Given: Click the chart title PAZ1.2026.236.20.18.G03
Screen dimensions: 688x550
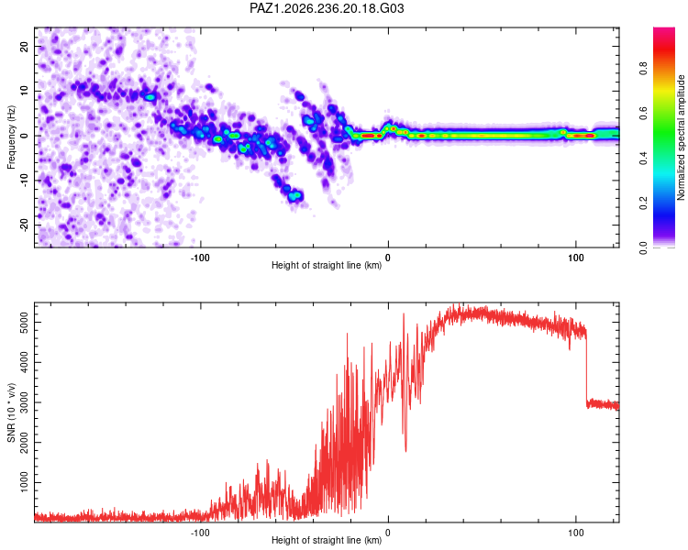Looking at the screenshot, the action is point(327,8).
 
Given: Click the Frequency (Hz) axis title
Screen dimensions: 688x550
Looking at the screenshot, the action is point(11,137).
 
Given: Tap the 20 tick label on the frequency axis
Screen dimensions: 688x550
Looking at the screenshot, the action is point(24,46).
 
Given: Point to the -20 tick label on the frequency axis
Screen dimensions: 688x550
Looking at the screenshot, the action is point(24,225).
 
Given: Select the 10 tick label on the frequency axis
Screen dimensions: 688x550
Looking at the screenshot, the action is point(24,91).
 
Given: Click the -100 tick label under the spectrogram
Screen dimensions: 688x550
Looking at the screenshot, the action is point(200,258).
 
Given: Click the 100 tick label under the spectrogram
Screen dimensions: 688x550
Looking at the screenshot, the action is point(576,258).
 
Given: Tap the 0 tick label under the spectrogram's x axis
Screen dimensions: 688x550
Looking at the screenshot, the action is point(388,258).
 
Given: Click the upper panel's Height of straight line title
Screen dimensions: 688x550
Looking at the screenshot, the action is point(327,265).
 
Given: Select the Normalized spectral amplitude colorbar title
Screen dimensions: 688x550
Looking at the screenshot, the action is point(681,137).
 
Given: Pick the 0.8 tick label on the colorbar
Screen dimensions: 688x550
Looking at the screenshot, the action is point(643,69).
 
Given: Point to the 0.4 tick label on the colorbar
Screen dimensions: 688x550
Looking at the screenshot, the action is point(643,159).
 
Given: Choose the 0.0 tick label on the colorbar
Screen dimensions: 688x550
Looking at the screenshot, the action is point(643,247).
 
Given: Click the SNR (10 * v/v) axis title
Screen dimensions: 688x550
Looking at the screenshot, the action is point(11,412).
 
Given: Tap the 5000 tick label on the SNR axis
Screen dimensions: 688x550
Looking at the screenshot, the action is point(24,323).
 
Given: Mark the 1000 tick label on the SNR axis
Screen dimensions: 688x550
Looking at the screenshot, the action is point(24,482).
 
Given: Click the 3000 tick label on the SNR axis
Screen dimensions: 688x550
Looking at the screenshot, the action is point(24,402).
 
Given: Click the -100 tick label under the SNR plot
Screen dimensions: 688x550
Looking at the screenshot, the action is point(200,533).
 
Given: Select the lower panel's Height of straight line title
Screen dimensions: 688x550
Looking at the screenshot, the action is point(327,540).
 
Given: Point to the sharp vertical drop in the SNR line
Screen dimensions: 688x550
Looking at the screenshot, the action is point(586,368).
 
